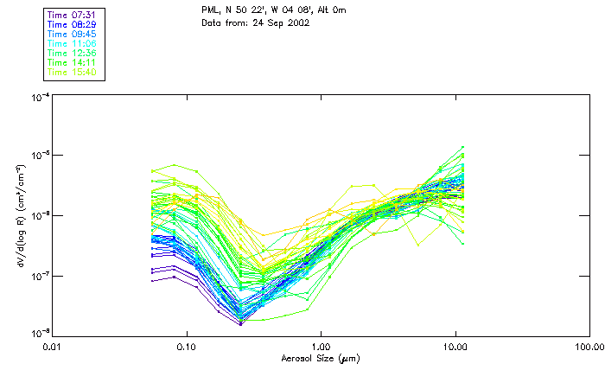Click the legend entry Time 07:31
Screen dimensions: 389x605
73,15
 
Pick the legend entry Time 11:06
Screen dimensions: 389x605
73,43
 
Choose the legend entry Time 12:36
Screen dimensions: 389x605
73,53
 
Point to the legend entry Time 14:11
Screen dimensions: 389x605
73,62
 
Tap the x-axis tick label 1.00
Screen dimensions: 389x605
321,347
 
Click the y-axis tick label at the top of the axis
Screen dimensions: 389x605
39,98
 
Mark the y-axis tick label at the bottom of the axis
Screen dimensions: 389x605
39,334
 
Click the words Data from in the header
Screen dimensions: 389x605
223,23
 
